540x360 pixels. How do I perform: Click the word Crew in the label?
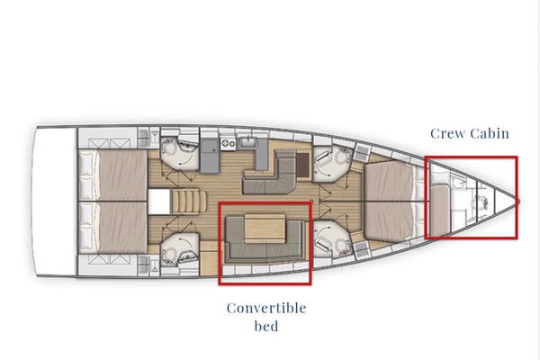[x=449, y=133]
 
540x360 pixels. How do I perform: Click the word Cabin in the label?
[x=490, y=133]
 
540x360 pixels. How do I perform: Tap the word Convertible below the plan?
[x=265, y=308]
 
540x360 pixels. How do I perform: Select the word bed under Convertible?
[x=265, y=326]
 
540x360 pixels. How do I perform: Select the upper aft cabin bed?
[x=112, y=172]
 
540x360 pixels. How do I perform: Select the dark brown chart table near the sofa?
[x=301, y=163]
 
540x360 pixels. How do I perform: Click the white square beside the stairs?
[x=160, y=199]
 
